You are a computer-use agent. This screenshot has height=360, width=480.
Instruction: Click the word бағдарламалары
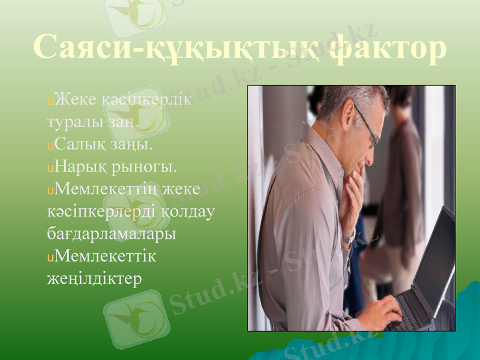click(112, 233)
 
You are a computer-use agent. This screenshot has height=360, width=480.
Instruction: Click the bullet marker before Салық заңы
click(50, 146)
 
